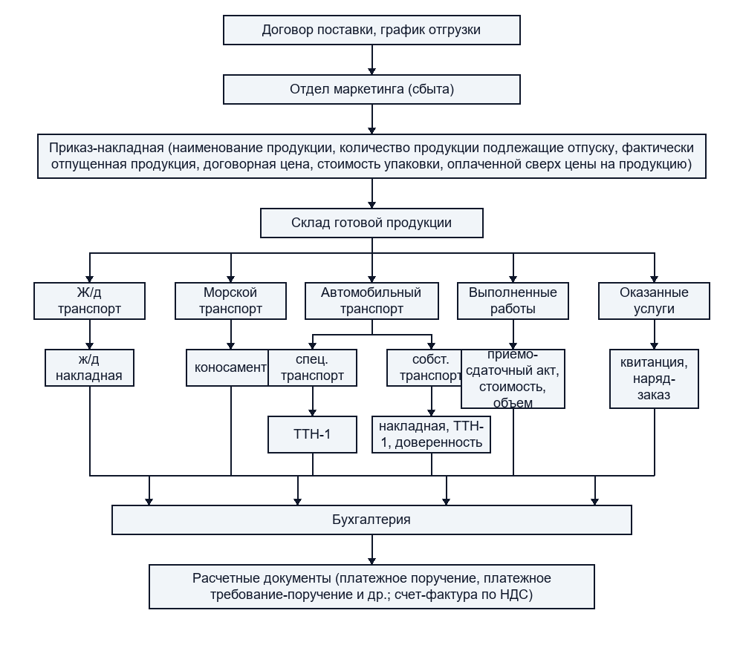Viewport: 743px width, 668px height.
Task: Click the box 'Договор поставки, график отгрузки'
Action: [371, 30]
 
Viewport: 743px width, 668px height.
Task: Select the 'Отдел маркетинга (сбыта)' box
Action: [371, 89]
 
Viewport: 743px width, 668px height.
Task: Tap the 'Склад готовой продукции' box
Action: [371, 223]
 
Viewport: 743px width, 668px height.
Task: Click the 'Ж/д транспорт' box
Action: [90, 301]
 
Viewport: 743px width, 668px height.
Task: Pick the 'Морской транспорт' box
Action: [231, 301]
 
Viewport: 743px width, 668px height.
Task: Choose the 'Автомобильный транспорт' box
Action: [371, 301]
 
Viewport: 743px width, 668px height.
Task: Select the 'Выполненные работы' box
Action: [513, 301]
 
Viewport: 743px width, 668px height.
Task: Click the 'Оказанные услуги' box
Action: [654, 301]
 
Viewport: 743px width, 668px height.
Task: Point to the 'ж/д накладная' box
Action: [90, 367]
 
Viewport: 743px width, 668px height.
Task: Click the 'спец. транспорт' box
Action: [312, 367]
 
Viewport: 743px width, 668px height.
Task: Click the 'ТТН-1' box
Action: [312, 434]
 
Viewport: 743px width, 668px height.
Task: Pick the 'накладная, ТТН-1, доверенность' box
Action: [431, 434]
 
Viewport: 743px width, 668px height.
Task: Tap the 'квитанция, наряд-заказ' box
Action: [654, 379]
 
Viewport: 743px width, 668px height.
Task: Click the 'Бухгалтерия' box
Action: [371, 520]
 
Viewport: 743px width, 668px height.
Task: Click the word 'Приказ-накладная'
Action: [106, 148]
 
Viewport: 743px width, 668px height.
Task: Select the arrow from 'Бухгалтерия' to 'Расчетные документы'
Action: [372, 550]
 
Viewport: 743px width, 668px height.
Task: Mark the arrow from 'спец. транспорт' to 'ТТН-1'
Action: [313, 402]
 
